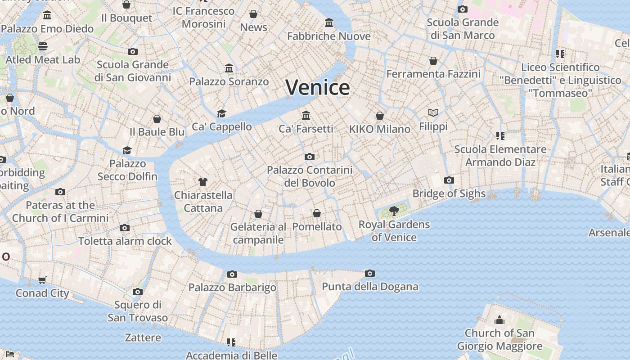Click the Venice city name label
click(x=318, y=87)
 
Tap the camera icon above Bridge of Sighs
click(x=449, y=180)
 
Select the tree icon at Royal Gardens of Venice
click(x=394, y=211)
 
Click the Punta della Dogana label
click(x=370, y=287)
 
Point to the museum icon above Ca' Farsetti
click(x=306, y=116)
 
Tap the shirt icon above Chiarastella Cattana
click(x=203, y=182)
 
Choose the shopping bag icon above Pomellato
click(x=317, y=213)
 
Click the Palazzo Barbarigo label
click(x=232, y=288)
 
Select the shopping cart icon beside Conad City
click(x=42, y=280)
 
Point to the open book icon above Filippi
click(x=433, y=112)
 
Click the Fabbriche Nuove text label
click(x=329, y=36)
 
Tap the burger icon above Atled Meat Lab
click(x=43, y=46)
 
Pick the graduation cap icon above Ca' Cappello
click(x=221, y=113)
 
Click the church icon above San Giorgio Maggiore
click(x=499, y=320)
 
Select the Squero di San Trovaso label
click(x=138, y=311)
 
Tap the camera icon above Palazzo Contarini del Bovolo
click(x=309, y=157)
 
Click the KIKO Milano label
click(x=380, y=129)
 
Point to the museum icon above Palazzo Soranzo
click(x=229, y=68)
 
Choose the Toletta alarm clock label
click(x=125, y=241)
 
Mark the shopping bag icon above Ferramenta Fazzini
click(x=433, y=61)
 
